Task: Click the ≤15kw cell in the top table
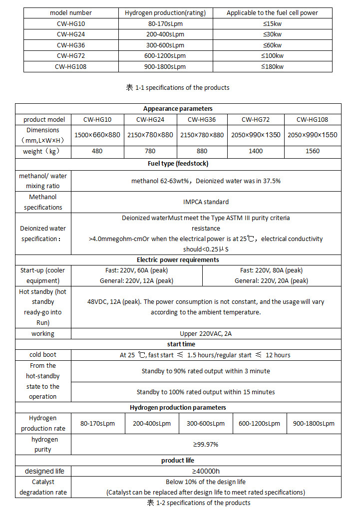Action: click(x=272, y=23)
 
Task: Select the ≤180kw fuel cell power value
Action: click(x=272, y=66)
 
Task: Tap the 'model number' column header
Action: click(x=70, y=12)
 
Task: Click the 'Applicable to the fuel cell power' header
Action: click(x=272, y=12)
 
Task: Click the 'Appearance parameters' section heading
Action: click(x=178, y=109)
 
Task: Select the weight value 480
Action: click(x=97, y=151)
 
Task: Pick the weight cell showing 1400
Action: click(x=256, y=151)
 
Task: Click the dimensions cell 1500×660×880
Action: click(x=97, y=135)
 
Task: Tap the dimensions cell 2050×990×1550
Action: click(x=313, y=135)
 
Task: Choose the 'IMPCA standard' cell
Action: click(x=206, y=202)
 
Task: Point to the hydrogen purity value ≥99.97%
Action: click(x=206, y=444)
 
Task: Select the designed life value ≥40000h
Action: click(x=206, y=471)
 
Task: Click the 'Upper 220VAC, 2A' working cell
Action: click(x=206, y=333)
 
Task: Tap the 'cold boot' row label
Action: click(x=43, y=355)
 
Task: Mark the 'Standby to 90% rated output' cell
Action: click(x=206, y=371)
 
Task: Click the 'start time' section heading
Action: click(x=181, y=344)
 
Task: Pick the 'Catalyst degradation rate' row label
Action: click(x=43, y=487)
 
